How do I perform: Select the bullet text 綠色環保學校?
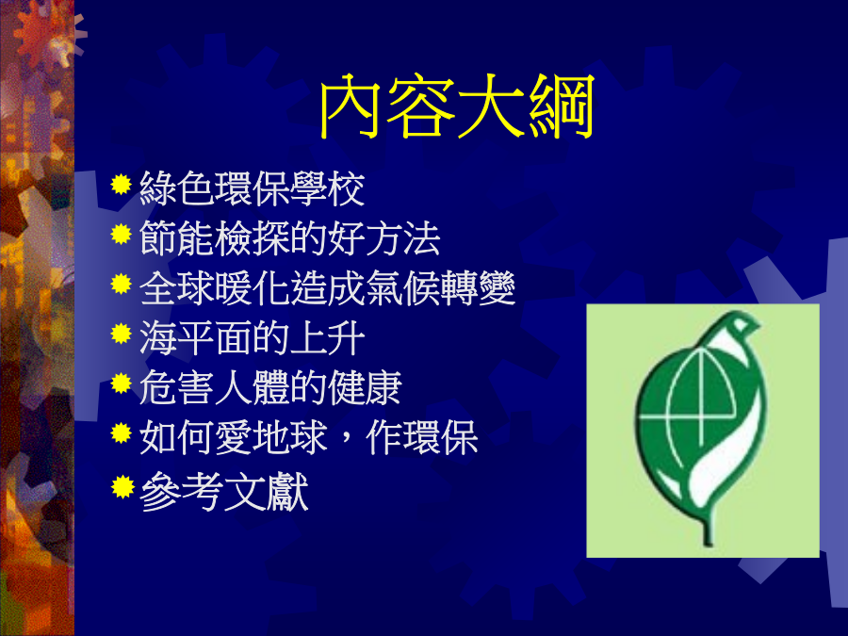[252, 188]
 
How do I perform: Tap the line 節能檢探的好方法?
[290, 238]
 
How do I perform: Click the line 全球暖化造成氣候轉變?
[327, 288]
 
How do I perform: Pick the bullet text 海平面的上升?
[252, 338]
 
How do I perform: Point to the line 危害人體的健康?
[270, 388]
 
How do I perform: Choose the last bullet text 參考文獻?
[224, 492]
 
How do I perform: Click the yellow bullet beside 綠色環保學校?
[122, 185]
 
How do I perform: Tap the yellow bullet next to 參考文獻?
[122, 487]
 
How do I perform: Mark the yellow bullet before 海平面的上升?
[122, 334]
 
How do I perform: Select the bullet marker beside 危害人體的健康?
[122, 383]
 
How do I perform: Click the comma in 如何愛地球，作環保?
[347, 448]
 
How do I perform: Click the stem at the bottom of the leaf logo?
[707, 530]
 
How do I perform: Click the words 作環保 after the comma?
[422, 437]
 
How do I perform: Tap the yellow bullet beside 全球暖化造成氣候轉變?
[122, 284]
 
